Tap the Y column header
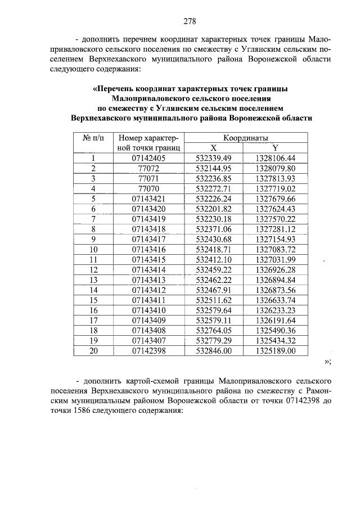click(x=275, y=147)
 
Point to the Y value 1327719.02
click(x=275, y=188)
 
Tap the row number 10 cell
click(x=93, y=249)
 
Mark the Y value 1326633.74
click(x=275, y=300)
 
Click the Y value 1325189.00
click(x=275, y=351)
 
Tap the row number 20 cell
click(x=93, y=351)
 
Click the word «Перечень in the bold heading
click(x=115, y=89)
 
